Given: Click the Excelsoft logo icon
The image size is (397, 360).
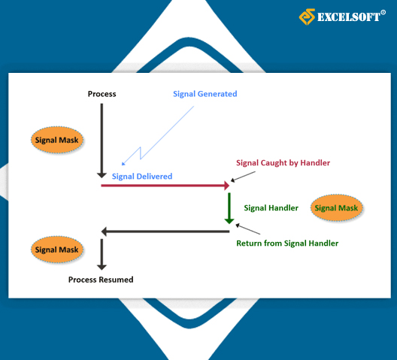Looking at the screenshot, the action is pyautogui.click(x=307, y=17).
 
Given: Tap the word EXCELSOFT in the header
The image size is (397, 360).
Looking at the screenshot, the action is pyautogui.click(x=349, y=17).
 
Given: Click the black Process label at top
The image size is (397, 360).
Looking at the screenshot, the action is pyautogui.click(x=102, y=94).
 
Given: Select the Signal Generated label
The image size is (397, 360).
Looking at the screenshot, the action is pyautogui.click(x=205, y=94).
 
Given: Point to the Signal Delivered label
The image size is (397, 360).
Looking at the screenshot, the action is pyautogui.click(x=142, y=176).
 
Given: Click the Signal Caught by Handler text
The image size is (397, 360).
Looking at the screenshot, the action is pyautogui.click(x=283, y=163).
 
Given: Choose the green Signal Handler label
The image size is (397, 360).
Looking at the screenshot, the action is pyautogui.click(x=271, y=208).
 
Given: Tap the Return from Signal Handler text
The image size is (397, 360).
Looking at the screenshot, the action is pyautogui.click(x=287, y=244).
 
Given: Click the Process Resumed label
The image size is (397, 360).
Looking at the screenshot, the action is pyautogui.click(x=101, y=280).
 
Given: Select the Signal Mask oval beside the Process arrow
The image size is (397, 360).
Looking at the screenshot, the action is pyautogui.click(x=57, y=140).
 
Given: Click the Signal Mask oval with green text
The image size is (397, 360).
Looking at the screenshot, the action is pyautogui.click(x=337, y=208).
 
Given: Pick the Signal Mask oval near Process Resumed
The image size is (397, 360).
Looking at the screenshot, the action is pyautogui.click(x=57, y=250).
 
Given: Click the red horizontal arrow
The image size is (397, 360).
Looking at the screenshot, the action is pyautogui.click(x=165, y=186).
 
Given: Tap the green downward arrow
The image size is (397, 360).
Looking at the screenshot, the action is pyautogui.click(x=229, y=208).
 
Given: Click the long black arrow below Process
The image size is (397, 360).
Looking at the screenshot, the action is pyautogui.click(x=102, y=141).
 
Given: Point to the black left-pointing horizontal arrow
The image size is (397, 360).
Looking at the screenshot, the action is pyautogui.click(x=165, y=231).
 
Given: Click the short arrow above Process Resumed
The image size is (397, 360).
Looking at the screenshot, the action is pyautogui.click(x=102, y=254).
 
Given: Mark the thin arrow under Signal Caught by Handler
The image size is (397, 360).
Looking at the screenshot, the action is pyautogui.click(x=243, y=177).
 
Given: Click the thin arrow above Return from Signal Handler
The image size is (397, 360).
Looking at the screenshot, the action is pyautogui.click(x=248, y=229).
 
